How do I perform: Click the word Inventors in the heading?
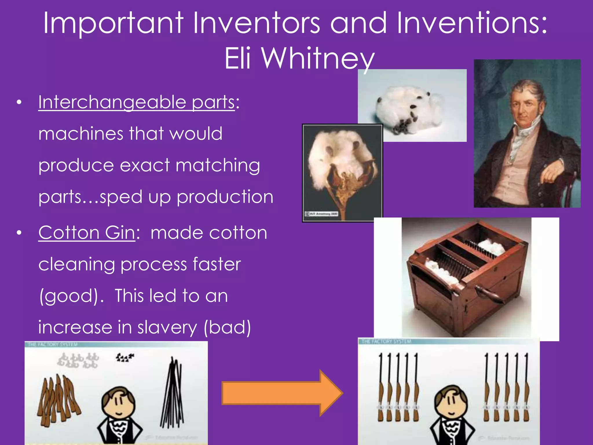click(256, 23)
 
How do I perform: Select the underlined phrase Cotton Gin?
click(87, 233)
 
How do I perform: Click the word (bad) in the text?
click(227, 328)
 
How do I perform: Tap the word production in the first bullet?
click(225, 197)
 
